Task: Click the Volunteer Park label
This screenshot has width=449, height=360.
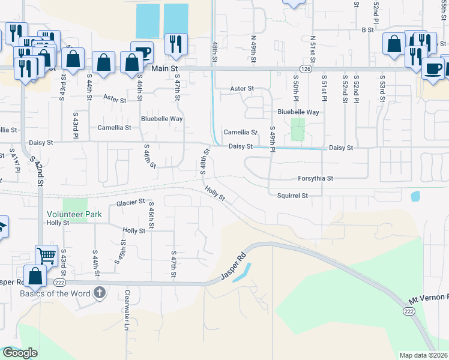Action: (75, 214)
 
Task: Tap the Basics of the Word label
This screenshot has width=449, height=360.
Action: (55, 293)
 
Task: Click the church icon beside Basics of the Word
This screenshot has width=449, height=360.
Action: (100, 293)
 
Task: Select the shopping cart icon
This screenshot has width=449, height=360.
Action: (46, 255)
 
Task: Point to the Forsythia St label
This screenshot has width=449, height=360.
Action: (316, 178)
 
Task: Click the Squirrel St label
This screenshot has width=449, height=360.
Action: (292, 196)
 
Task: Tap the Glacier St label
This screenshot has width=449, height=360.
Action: (131, 203)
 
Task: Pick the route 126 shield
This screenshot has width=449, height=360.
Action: (306, 69)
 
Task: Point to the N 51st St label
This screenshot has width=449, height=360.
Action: (313, 50)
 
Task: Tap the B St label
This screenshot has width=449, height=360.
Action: (367, 29)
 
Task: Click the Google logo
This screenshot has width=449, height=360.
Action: (20, 353)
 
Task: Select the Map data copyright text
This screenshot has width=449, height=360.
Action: (424, 355)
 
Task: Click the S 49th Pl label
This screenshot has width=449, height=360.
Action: (273, 139)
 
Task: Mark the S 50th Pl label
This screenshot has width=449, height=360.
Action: (297, 87)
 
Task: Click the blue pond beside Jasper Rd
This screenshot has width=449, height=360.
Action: (241, 273)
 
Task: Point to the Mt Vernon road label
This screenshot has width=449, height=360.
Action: (429, 298)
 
